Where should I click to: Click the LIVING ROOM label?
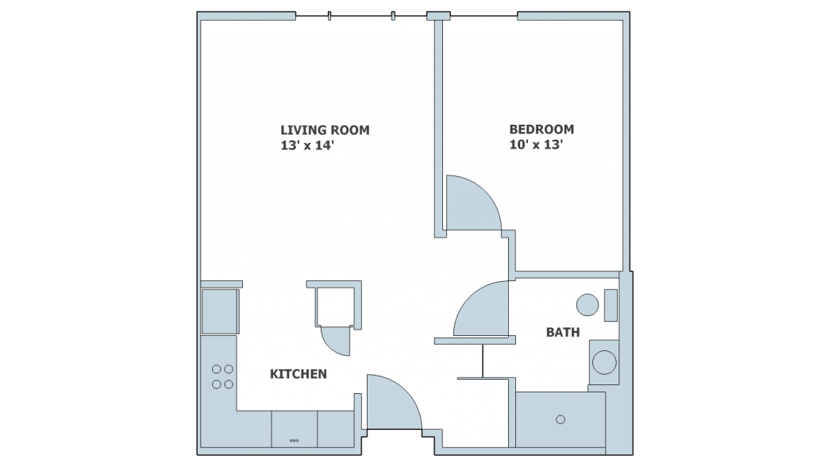coord(325,130)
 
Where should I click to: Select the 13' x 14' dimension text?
coord(313,145)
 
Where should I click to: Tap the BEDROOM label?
coord(541,129)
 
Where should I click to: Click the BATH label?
coord(562,332)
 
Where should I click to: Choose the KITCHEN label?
coord(298,373)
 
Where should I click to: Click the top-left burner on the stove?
coord(215,369)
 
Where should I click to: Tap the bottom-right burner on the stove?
coord(229,384)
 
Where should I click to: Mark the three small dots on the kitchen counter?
coord(294,440)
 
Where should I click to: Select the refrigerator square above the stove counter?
coord(219,311)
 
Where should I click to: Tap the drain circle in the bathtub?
coord(561,419)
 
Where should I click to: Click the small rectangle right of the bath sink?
coord(611,306)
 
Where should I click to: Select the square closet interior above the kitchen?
coord(335,307)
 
